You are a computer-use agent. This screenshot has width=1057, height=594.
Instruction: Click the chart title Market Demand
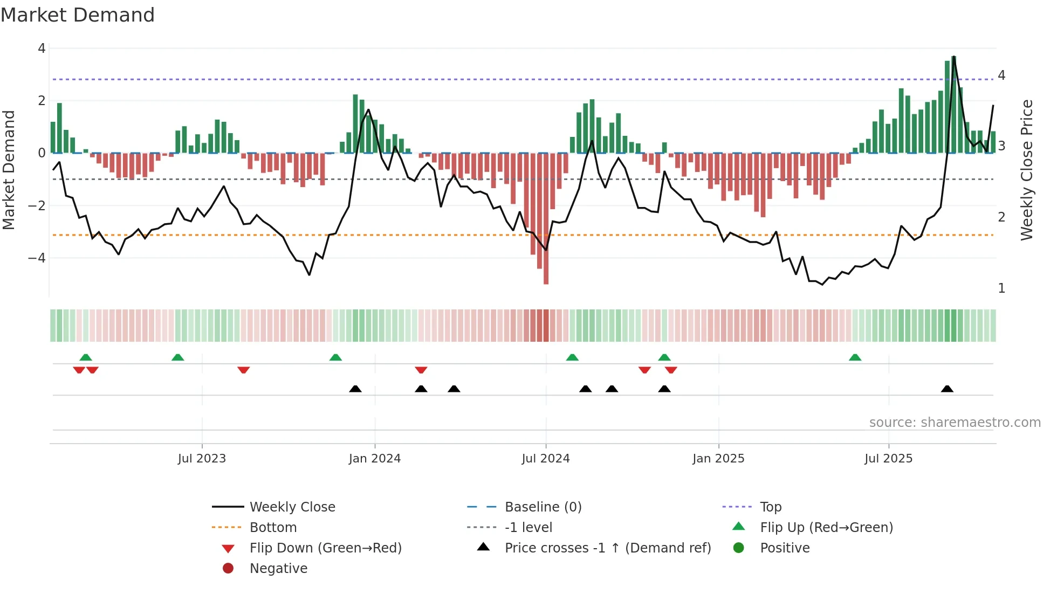(x=78, y=15)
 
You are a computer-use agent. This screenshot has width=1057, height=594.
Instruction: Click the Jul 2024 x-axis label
(x=545, y=459)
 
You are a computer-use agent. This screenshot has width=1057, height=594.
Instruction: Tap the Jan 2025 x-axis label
(x=718, y=459)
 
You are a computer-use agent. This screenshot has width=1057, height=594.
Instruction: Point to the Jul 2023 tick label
(x=202, y=459)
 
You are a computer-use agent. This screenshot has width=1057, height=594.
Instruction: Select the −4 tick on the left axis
(x=37, y=258)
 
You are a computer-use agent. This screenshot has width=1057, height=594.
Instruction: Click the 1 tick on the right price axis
(x=1001, y=288)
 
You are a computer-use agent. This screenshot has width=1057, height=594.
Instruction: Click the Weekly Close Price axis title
(x=1027, y=170)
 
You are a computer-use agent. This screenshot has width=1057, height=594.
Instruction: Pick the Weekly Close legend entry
(x=292, y=507)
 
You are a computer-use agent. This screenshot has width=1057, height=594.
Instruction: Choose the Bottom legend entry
(x=273, y=528)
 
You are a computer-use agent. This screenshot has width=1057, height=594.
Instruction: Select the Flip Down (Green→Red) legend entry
(x=325, y=548)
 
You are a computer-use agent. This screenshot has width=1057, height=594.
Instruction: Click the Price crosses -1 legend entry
(x=607, y=548)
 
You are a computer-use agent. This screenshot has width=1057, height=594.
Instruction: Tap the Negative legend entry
(x=278, y=569)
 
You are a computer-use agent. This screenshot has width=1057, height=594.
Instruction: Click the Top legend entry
(x=770, y=507)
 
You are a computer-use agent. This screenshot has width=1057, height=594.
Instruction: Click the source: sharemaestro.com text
(x=955, y=423)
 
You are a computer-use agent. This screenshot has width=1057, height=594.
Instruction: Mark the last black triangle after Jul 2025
(x=947, y=389)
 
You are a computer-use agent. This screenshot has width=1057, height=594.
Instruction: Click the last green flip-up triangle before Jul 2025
(x=855, y=357)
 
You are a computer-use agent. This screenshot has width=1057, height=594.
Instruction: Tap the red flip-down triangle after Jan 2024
(x=421, y=370)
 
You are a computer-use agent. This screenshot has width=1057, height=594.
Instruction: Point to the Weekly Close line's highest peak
(x=954, y=57)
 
